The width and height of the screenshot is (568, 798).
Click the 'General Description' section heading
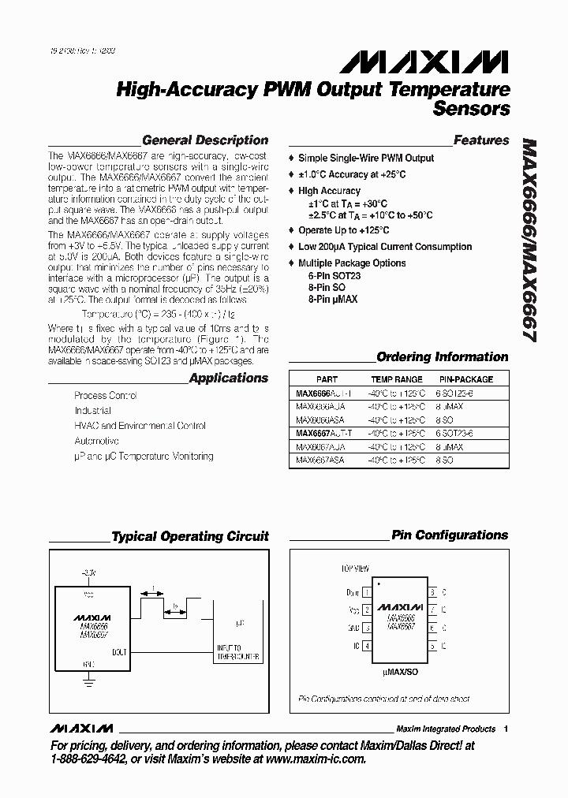[x=205, y=140]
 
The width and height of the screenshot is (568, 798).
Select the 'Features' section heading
[x=481, y=140]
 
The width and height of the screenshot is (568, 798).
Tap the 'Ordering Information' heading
[x=442, y=356]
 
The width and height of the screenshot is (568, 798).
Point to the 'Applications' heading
[x=229, y=378]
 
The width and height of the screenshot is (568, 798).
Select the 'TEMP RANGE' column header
[x=397, y=379]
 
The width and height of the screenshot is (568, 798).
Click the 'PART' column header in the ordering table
[x=327, y=379]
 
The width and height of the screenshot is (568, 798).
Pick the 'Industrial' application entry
[x=92, y=411]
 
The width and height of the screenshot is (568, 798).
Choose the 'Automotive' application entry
[x=96, y=441]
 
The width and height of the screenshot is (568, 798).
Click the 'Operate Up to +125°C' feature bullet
[x=343, y=230]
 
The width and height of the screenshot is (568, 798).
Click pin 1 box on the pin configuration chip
[x=366, y=591]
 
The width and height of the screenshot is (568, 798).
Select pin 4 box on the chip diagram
[x=366, y=646]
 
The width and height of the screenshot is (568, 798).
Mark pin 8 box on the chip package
[x=432, y=591]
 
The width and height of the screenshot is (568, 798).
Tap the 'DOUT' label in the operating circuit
[x=120, y=651]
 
